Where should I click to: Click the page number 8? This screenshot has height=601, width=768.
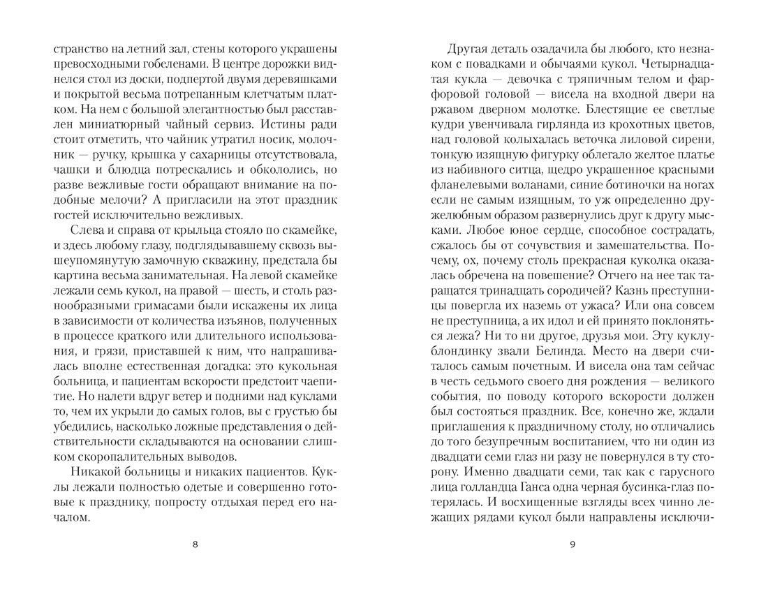[195, 544]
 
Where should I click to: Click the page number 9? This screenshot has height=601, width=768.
[572, 544]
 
